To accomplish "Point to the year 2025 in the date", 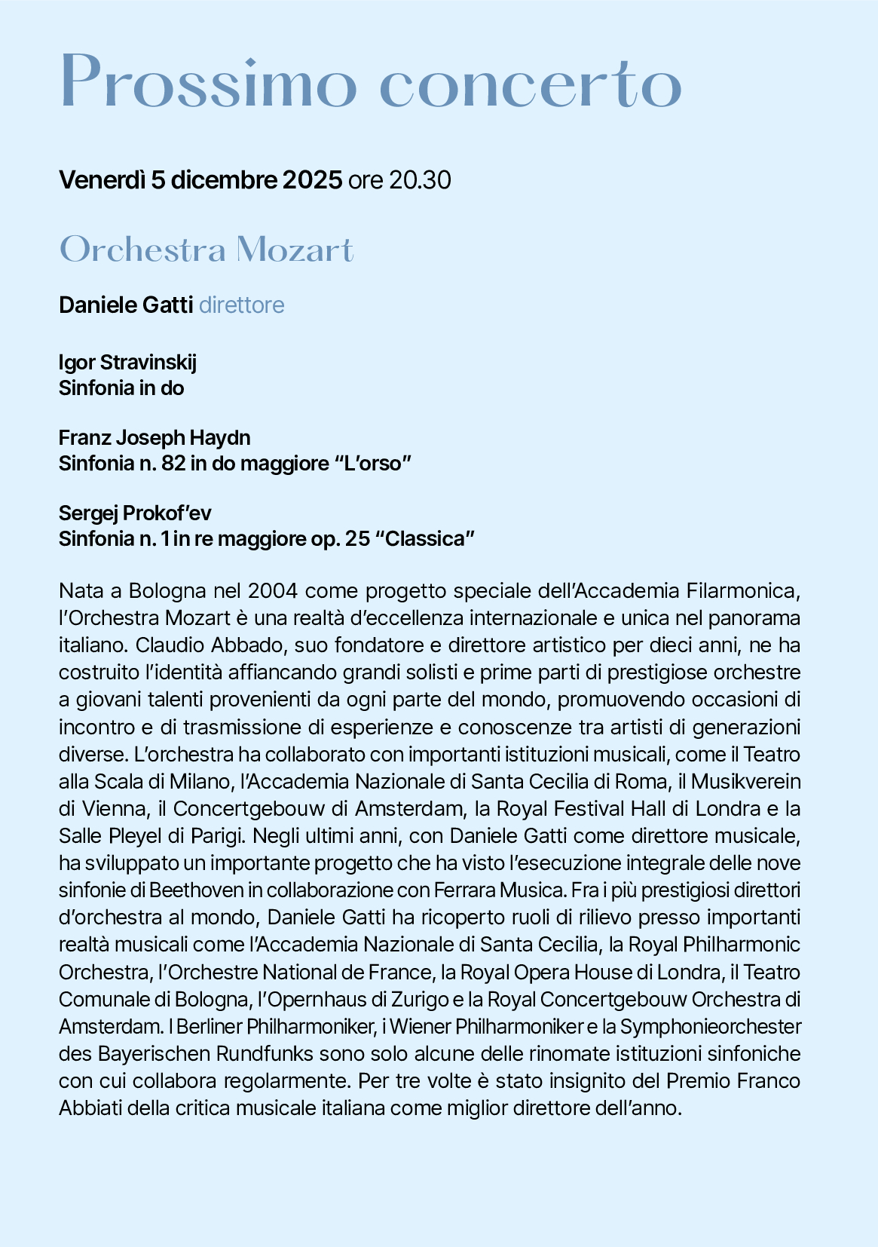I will [312, 181].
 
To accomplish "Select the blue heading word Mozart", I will [294, 250].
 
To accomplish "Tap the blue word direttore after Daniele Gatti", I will [242, 305].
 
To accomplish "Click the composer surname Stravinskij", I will [148, 363].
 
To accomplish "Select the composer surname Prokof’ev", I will [167, 513].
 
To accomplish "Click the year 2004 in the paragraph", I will [274, 590].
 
